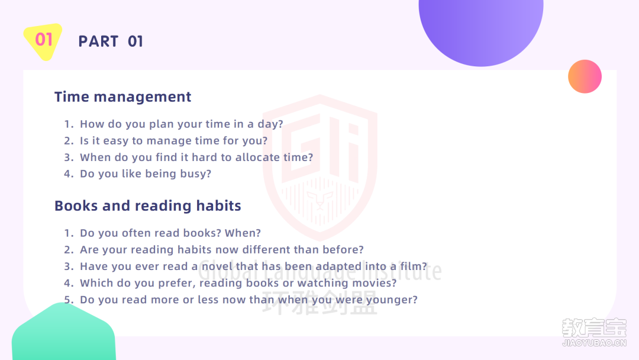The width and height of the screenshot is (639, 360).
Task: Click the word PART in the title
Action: pos(98,41)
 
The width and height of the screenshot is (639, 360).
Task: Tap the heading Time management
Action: pos(122,97)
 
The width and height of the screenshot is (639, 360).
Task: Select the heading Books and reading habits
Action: pos(147,206)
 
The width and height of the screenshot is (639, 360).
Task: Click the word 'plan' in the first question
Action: pos(162,124)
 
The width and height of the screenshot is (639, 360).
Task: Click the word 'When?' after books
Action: pos(243,233)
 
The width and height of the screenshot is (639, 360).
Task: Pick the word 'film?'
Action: pos(414,266)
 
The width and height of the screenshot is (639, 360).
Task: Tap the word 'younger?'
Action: pos(392,300)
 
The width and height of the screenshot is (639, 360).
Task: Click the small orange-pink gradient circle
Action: pos(585,76)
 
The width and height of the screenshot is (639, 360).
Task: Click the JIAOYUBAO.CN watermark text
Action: pos(594,343)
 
